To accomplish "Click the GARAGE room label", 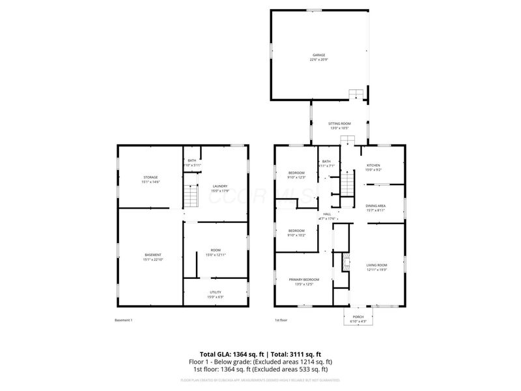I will (x=318, y=55).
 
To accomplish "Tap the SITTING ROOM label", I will (x=339, y=124).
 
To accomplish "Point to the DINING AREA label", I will (x=375, y=206).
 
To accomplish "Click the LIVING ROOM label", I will (x=376, y=265).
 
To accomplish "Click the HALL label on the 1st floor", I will (x=327, y=214).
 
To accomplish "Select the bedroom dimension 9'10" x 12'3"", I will (x=296, y=177).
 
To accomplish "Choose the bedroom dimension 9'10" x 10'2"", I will (x=296, y=235).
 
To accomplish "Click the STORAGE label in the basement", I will (x=150, y=177).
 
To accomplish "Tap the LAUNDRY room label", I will (x=219, y=186).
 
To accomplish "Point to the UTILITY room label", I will (x=216, y=293).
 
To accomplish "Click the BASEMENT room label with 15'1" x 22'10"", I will (x=152, y=255).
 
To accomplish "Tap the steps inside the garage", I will (x=355, y=94).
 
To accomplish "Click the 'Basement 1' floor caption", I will (x=123, y=320).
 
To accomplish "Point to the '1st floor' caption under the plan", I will (x=281, y=320).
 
